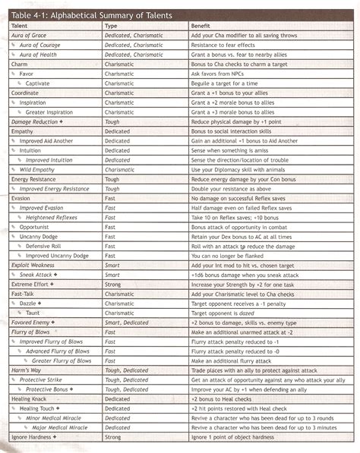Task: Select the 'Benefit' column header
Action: (201, 26)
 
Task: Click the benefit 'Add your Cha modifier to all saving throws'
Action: (249, 36)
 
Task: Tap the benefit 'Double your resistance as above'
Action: (232, 188)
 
